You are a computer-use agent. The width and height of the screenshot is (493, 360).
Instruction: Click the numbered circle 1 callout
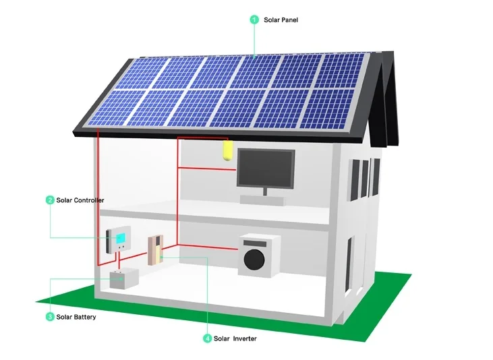pyautogui.click(x=254, y=20)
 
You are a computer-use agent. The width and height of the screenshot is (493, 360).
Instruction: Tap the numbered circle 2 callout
pyautogui.click(x=50, y=200)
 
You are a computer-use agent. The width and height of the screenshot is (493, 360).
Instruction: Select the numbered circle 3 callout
pyautogui.click(x=50, y=317)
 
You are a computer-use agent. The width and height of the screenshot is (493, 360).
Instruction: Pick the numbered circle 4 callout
pyautogui.click(x=207, y=338)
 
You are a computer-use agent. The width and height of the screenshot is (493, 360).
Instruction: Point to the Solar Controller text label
pyautogui.click(x=80, y=200)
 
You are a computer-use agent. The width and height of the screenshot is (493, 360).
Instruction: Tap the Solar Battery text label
pyautogui.click(x=76, y=317)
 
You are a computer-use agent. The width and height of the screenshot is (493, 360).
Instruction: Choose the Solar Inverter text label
pyautogui.click(x=235, y=338)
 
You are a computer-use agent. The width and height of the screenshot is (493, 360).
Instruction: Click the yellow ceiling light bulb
pyautogui.click(x=227, y=150)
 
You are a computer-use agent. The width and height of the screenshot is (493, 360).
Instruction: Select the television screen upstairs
pyautogui.click(x=265, y=169)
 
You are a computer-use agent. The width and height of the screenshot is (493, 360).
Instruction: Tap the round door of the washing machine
pyautogui.click(x=258, y=259)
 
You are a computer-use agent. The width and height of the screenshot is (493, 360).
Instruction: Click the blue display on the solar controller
pyautogui.click(x=121, y=237)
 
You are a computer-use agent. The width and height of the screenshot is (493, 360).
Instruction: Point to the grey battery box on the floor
pyautogui.click(x=124, y=278)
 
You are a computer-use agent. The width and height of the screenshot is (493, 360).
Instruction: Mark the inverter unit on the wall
pyautogui.click(x=155, y=249)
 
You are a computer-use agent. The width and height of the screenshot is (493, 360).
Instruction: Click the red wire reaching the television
pyautogui.click(x=206, y=167)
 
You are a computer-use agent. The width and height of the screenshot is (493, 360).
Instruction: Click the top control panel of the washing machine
pyautogui.click(x=256, y=240)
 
